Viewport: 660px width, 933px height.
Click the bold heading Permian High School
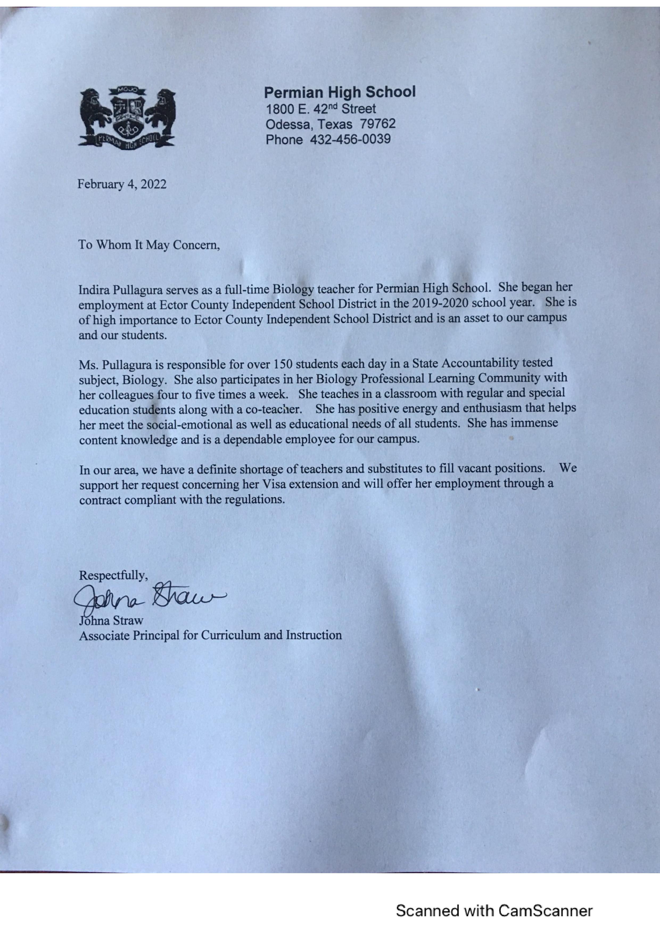(340, 92)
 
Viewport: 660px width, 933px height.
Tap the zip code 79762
(378, 124)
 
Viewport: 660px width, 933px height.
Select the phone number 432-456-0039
(350, 139)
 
